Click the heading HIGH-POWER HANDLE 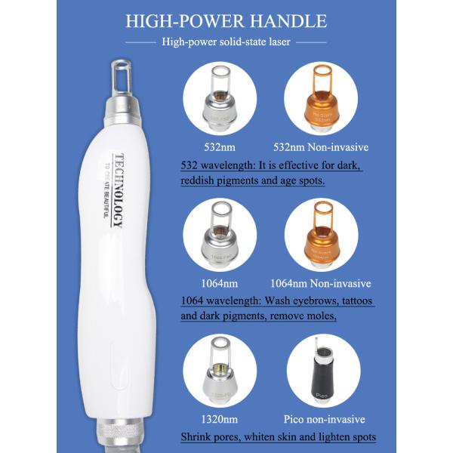tap(226, 20)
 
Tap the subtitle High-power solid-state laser tap(226, 42)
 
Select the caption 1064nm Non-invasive tap(328, 284)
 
